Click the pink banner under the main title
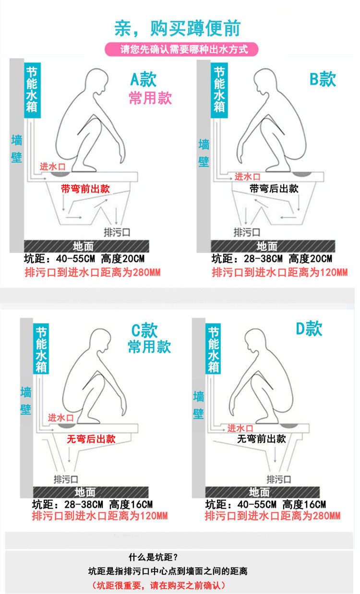[181, 49]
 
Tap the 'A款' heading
[143, 79]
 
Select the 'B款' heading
[323, 79]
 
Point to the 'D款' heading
[309, 328]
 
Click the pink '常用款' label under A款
[150, 97]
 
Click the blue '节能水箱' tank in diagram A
[32, 90]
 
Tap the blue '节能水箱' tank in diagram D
[213, 349]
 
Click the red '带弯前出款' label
[85, 189]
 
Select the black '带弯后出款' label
[274, 189]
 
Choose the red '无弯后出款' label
[91, 439]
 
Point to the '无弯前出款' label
[262, 438]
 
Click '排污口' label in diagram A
[117, 232]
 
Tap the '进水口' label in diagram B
[247, 177]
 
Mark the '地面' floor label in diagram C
[85, 492]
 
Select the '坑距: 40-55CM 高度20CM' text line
[84, 258]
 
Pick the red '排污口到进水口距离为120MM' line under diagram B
[280, 272]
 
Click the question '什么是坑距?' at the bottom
[153, 558]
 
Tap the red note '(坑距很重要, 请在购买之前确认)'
[158, 585]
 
